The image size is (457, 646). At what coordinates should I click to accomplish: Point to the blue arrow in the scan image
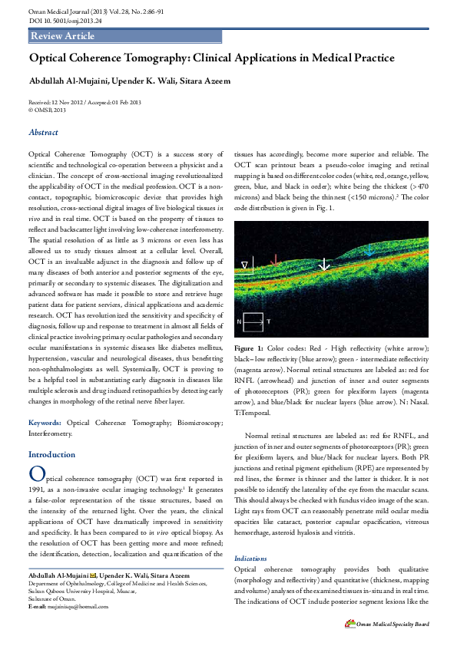[x=369, y=249]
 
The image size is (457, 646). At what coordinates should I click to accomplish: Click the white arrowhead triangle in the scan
[x=245, y=265]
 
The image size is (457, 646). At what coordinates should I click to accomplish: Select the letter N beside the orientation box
[x=239, y=320]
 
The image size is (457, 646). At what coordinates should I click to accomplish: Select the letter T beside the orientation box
[x=268, y=320]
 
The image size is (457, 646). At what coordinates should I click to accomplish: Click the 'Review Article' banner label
[x=63, y=36]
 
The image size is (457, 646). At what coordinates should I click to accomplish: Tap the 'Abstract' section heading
[x=43, y=133]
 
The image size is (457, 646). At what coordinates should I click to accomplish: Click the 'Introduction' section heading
[x=52, y=454]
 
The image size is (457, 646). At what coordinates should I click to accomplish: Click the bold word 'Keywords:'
[x=45, y=423]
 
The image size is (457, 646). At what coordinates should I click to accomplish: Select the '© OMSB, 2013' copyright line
[x=47, y=110]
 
